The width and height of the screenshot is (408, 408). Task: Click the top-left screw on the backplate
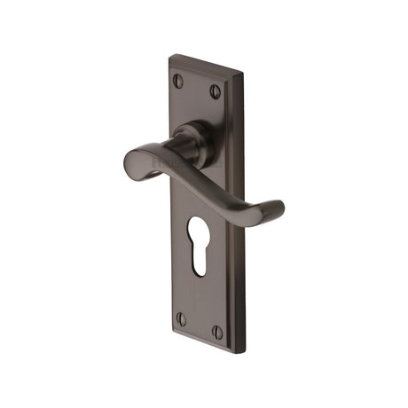click(x=178, y=81)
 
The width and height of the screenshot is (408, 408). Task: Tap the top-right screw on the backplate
click(x=215, y=90)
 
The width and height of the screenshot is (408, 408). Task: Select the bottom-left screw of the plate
click(x=181, y=318)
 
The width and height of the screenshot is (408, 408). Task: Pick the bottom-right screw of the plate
click(x=216, y=332)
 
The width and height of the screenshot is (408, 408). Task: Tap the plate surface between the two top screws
click(x=197, y=86)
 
